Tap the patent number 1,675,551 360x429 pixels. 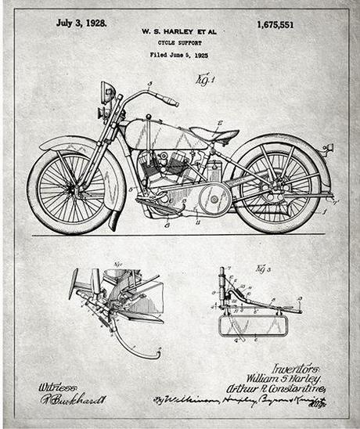(x=275, y=24)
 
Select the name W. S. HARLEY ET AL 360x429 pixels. (x=179, y=31)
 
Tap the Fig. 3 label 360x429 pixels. (x=261, y=269)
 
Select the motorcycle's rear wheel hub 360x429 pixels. (x=279, y=189)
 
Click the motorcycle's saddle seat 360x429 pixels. (x=214, y=134)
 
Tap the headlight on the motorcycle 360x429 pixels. (x=107, y=92)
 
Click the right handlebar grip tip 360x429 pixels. (x=174, y=103)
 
